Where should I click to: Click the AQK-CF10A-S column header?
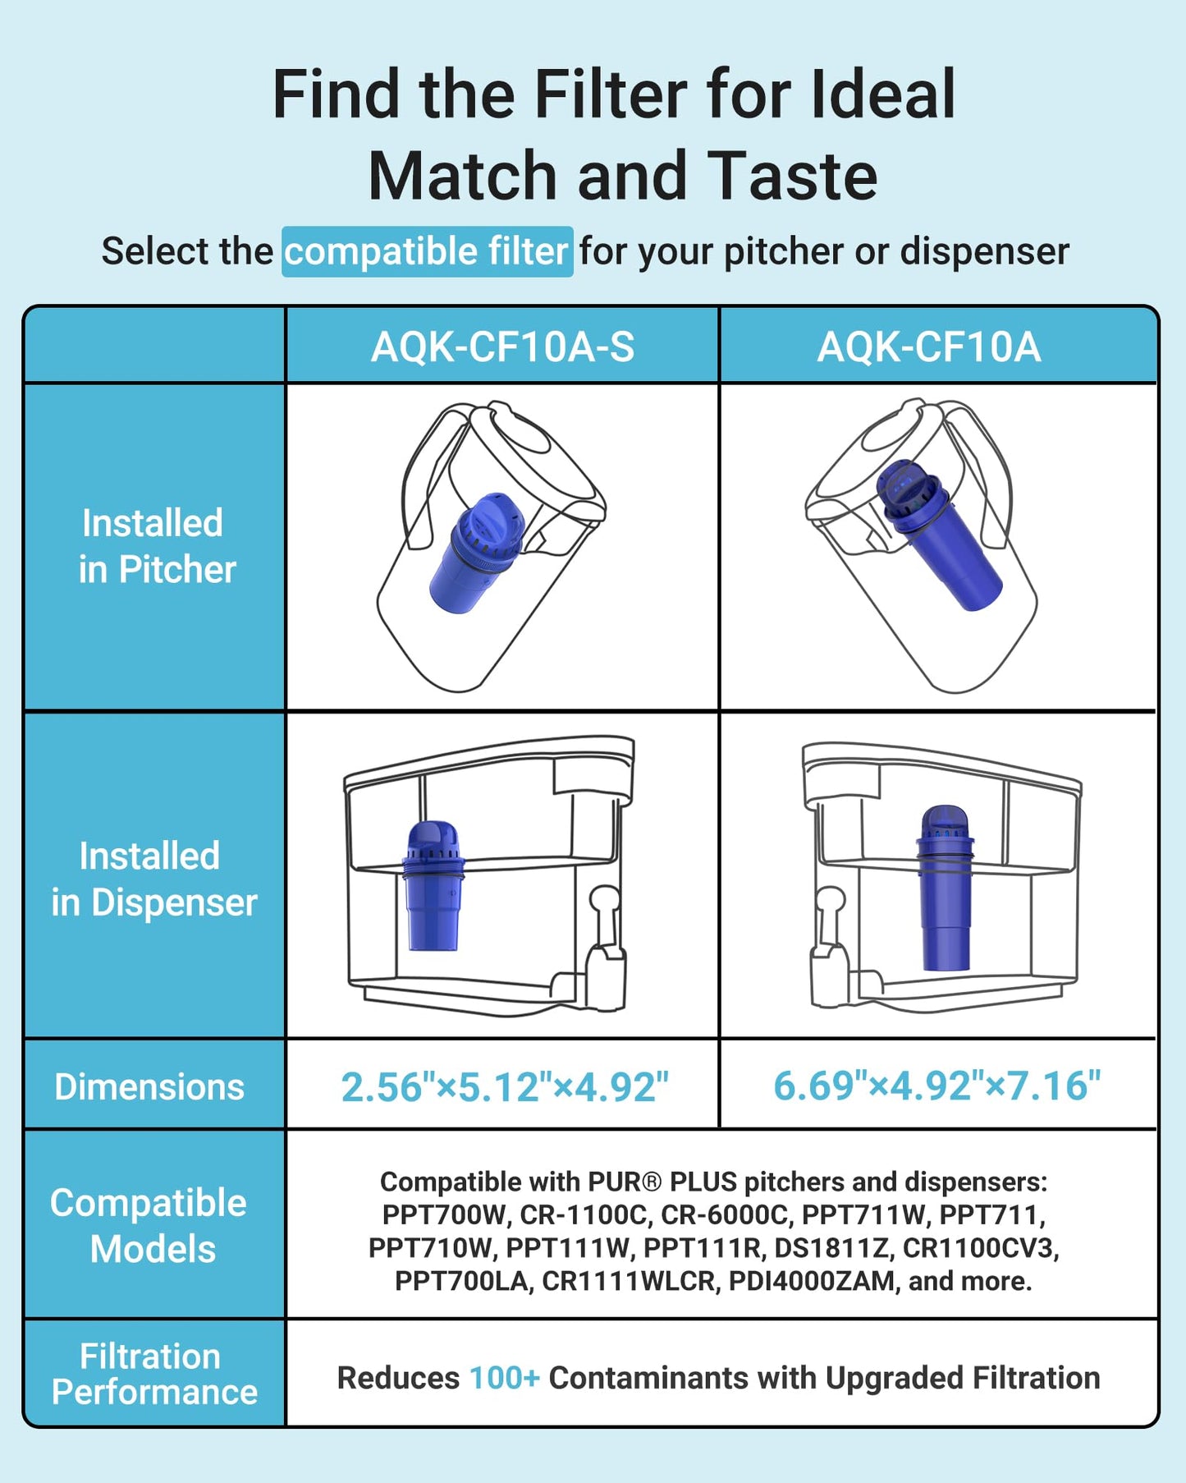point(502,347)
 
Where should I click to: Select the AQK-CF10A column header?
point(928,347)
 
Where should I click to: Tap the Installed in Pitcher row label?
point(155,546)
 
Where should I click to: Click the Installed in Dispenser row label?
point(153,879)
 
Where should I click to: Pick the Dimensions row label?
point(149,1086)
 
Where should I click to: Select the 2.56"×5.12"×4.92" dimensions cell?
point(504,1086)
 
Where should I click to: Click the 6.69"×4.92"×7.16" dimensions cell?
point(936,1086)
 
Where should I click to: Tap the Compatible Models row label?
point(149,1225)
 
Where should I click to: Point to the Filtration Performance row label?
point(153,1374)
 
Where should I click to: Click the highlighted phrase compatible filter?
point(427,251)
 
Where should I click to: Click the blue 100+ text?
point(504,1378)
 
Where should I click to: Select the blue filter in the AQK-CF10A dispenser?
point(945,887)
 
